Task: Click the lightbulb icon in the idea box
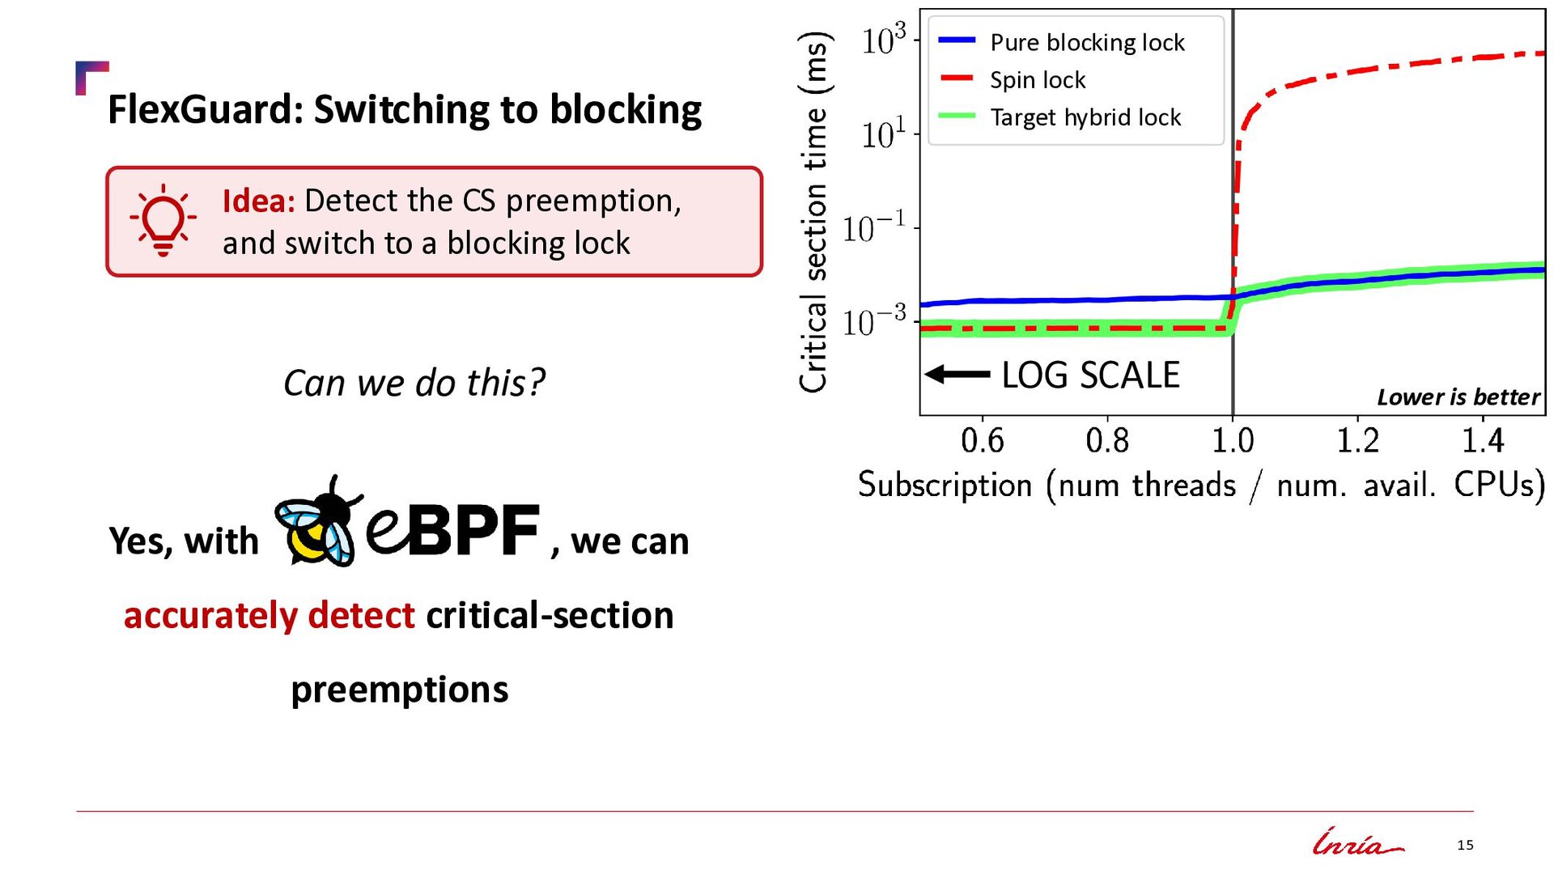coord(163,220)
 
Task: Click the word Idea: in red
coord(259,201)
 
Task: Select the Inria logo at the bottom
coord(1358,842)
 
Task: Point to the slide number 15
coord(1465,845)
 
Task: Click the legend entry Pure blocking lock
coord(1061,42)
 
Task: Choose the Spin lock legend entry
coord(1012,80)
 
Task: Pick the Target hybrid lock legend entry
coord(1059,117)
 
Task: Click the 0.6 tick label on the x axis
coord(982,441)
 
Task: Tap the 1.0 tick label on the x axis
coord(1232,441)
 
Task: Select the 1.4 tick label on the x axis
coord(1483,441)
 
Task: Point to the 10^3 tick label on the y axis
coord(884,40)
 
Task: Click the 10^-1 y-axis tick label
coord(874,228)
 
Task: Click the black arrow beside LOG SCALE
coord(957,374)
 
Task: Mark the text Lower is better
coord(1458,397)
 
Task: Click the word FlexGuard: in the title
coord(206,109)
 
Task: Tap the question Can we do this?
coord(414,383)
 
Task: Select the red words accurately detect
coord(269,615)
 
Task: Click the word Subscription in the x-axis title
coord(945,486)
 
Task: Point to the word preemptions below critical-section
coord(400,690)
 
